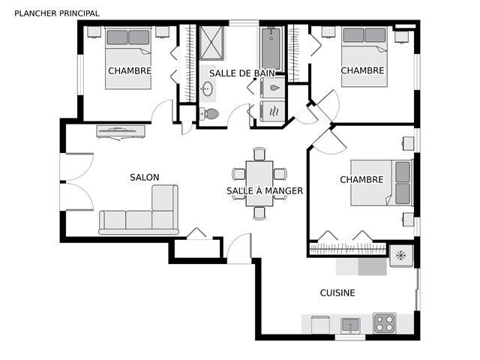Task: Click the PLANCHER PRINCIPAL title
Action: (57, 13)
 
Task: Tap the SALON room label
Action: (145, 177)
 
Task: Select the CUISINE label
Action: (337, 293)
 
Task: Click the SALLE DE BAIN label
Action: (242, 73)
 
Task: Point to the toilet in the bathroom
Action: (210, 114)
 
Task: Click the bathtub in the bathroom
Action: (271, 49)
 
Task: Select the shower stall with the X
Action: (211, 43)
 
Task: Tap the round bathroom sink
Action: (208, 88)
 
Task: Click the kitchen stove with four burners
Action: (385, 323)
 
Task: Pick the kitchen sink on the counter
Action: (350, 325)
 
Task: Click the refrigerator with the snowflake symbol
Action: (401, 255)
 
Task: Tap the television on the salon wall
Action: (121, 132)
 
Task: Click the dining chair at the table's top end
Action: (259, 154)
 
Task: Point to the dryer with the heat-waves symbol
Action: (273, 112)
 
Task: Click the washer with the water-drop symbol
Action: (273, 88)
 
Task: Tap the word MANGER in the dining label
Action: (283, 191)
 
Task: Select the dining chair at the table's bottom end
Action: (259, 213)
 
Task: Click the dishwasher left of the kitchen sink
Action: (320, 325)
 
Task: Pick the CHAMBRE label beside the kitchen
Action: (361, 179)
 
